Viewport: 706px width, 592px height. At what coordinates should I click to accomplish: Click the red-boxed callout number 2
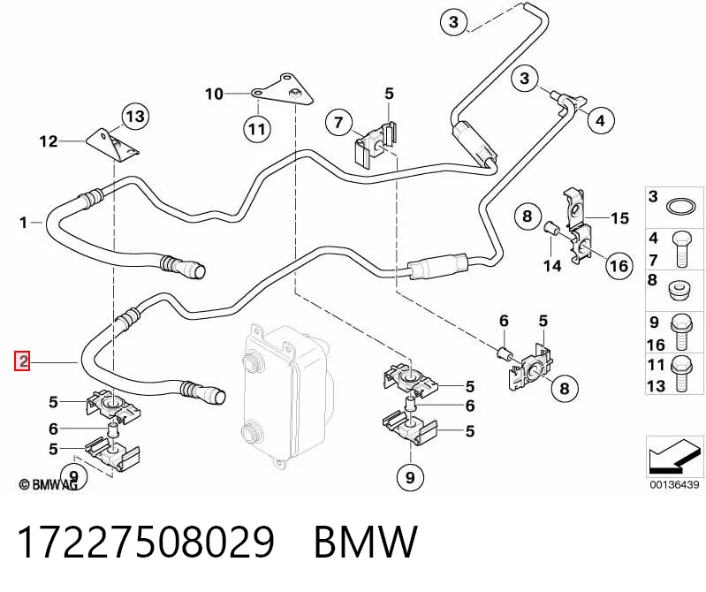pyautogui.click(x=22, y=361)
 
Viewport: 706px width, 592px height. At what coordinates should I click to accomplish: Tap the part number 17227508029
pyautogui.click(x=146, y=542)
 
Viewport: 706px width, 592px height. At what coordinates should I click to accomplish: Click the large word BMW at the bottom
pyautogui.click(x=366, y=542)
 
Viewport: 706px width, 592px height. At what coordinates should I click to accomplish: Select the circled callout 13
pyautogui.click(x=135, y=117)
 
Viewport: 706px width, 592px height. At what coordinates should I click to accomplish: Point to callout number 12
pyautogui.click(x=49, y=141)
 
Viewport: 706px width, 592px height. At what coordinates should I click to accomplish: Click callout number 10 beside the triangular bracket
pyautogui.click(x=215, y=94)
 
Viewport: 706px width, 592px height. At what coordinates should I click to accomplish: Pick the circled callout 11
pyautogui.click(x=257, y=129)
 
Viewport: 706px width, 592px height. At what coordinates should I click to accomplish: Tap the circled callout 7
pyautogui.click(x=338, y=122)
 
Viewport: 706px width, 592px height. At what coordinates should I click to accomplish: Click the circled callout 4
pyautogui.click(x=600, y=120)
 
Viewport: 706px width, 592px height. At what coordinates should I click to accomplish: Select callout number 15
pyautogui.click(x=620, y=218)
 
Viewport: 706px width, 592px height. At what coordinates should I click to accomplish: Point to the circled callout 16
pyautogui.click(x=619, y=266)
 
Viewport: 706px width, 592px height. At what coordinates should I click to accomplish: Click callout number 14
pyautogui.click(x=552, y=266)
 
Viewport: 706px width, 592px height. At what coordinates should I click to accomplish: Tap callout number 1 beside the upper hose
pyautogui.click(x=23, y=223)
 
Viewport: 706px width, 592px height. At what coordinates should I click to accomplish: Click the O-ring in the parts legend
pyautogui.click(x=679, y=208)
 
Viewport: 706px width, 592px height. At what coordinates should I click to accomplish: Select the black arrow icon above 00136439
pyautogui.click(x=673, y=457)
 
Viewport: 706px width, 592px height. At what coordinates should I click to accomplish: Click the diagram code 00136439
pyautogui.click(x=674, y=484)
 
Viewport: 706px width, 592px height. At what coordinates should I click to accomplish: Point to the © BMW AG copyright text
pyautogui.click(x=49, y=484)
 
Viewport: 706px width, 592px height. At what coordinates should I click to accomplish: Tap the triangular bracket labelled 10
pyautogui.click(x=285, y=91)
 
